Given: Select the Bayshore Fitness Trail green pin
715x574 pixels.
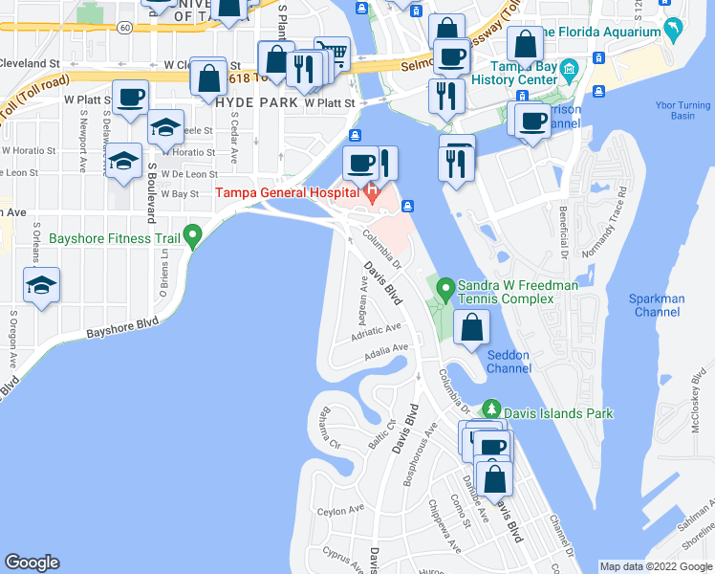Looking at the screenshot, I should [x=193, y=234].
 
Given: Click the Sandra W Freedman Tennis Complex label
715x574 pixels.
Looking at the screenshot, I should [x=506, y=292].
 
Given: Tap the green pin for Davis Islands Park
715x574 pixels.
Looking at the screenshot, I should [x=492, y=408].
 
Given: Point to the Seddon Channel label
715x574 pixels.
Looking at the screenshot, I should [x=508, y=362].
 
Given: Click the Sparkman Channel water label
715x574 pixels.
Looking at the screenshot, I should [x=657, y=305].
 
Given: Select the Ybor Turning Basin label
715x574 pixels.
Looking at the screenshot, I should [x=682, y=109].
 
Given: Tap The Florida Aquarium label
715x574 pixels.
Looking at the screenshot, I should [x=602, y=33].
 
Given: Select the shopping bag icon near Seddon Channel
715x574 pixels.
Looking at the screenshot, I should [x=472, y=326].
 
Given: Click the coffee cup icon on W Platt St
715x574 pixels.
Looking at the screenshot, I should [x=130, y=96].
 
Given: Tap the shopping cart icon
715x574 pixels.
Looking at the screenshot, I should [x=332, y=52].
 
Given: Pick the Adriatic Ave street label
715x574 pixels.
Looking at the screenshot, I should [x=376, y=330].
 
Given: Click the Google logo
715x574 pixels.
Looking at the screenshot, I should [x=32, y=563].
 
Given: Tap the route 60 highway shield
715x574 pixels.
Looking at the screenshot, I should [x=125, y=27].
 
